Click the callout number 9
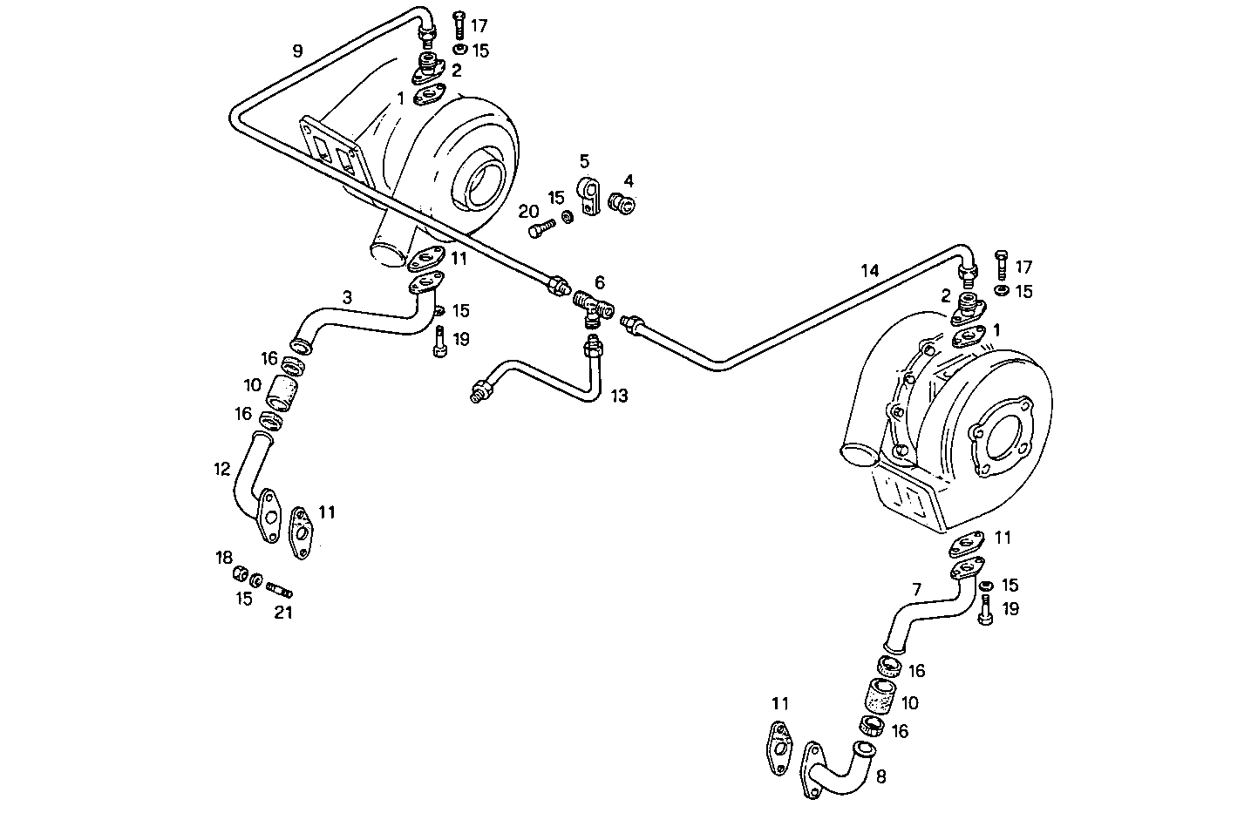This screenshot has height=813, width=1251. click(x=297, y=51)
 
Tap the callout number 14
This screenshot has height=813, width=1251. click(x=869, y=270)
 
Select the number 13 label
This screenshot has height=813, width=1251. click(x=619, y=396)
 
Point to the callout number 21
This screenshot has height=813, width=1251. click(x=283, y=613)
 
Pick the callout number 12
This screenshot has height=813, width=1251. click(x=222, y=470)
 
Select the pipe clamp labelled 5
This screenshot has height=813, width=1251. click(x=590, y=197)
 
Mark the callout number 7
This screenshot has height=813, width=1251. click(x=916, y=590)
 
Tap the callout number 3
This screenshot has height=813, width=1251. click(x=347, y=298)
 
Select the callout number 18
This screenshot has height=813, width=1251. click(x=225, y=556)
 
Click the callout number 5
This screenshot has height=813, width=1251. click(x=584, y=161)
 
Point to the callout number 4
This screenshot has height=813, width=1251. click(x=629, y=181)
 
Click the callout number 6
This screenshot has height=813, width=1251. click(x=599, y=282)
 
